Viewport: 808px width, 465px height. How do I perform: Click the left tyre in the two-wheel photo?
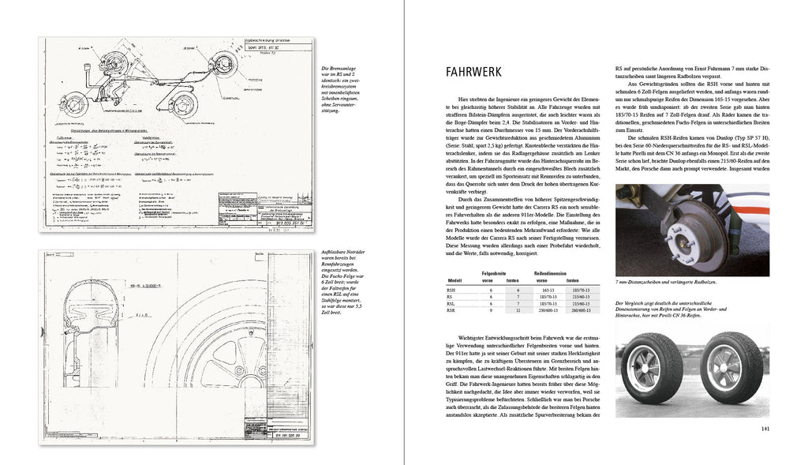652,369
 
